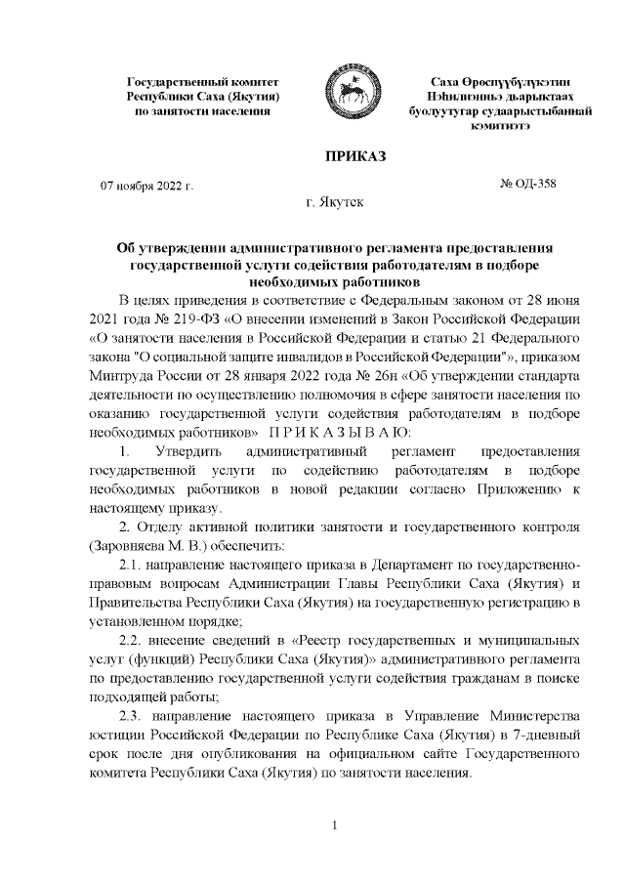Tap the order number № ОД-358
point(527,182)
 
